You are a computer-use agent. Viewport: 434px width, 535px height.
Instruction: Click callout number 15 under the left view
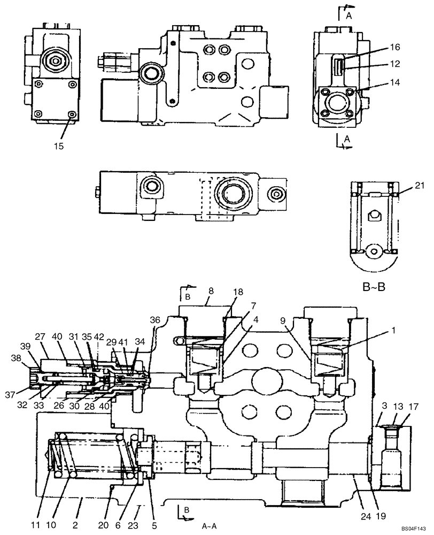(59, 146)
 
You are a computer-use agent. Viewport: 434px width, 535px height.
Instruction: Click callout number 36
(155, 320)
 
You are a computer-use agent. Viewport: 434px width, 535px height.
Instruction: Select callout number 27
(41, 337)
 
